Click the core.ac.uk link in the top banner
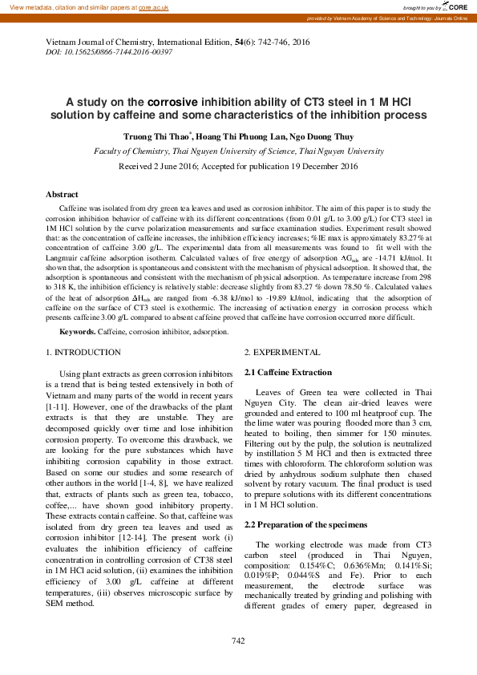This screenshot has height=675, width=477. tap(155, 6)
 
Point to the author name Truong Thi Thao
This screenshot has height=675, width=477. tap(156, 137)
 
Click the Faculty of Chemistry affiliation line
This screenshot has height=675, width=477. tap(239, 151)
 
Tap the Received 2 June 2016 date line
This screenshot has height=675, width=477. tap(238, 167)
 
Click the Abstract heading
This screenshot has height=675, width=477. tap(62, 195)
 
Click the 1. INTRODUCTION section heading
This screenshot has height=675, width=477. tap(83, 353)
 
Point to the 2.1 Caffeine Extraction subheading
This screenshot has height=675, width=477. tap(287, 373)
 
